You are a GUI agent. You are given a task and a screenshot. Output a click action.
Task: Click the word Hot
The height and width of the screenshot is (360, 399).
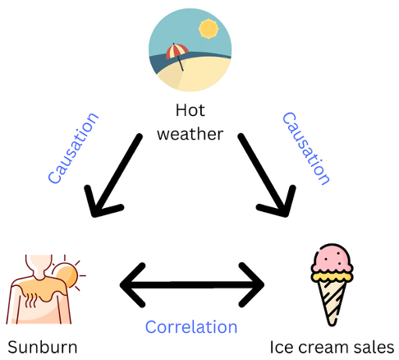(190, 110)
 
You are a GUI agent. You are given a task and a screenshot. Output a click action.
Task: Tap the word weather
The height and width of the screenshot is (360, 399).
(190, 134)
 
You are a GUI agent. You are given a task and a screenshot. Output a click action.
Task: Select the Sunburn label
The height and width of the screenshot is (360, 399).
(43, 348)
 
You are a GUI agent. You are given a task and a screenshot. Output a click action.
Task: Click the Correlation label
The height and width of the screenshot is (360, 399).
(191, 327)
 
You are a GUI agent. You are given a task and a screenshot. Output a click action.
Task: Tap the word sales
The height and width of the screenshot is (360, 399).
(374, 348)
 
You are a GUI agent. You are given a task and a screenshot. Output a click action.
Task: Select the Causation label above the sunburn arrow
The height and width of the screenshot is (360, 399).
(73, 148)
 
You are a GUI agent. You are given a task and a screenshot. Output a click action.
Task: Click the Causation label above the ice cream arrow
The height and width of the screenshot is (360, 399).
(306, 148)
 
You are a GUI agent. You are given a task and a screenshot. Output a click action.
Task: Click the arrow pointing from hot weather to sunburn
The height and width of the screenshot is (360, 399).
(113, 175)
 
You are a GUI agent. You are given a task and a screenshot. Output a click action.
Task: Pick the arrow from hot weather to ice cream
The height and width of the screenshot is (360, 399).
(267, 175)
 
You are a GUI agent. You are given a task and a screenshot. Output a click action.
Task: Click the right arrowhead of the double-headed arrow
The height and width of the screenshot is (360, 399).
(251, 285)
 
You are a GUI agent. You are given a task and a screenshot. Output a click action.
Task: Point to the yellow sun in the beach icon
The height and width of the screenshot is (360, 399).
(209, 29)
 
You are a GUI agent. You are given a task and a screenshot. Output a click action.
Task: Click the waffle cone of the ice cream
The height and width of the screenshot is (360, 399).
(332, 302)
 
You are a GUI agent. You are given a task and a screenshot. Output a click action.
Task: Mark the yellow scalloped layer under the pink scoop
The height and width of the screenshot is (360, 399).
(332, 275)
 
